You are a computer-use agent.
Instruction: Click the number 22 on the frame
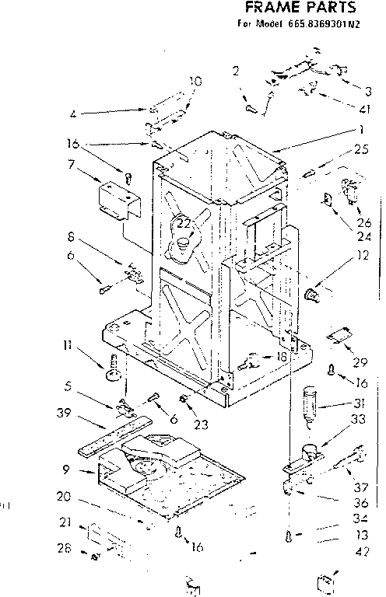(183, 224)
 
